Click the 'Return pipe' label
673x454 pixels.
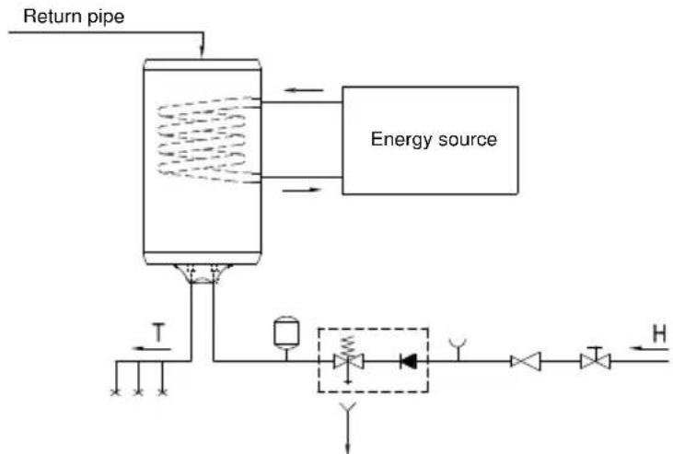point(74,17)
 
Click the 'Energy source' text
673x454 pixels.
point(434,140)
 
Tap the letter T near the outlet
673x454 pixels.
point(158,333)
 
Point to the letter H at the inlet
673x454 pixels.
point(660,333)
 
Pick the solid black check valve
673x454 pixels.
point(408,361)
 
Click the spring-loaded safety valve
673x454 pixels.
point(349,359)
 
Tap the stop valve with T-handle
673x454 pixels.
point(595,358)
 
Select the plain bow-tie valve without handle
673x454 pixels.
point(526,361)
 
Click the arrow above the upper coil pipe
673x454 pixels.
point(304,90)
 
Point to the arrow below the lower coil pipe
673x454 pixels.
point(302,190)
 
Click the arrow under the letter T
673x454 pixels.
point(152,349)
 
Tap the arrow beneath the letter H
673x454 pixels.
point(649,348)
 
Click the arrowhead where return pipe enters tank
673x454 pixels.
point(203,52)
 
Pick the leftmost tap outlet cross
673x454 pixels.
point(115,391)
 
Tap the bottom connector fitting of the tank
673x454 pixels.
point(203,274)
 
